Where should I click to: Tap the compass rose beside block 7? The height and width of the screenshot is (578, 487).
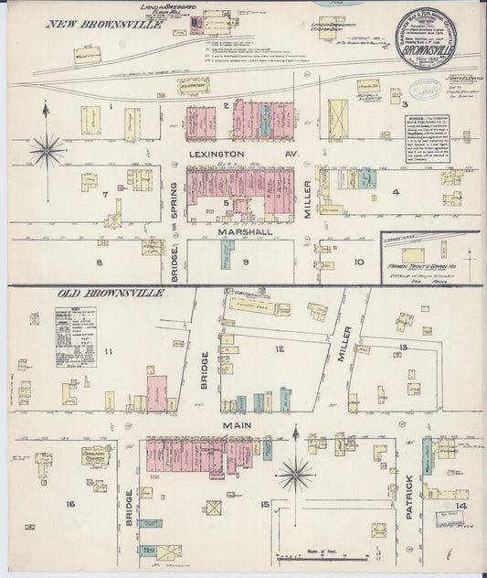coord(47,148)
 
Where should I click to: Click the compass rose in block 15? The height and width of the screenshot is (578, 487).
coord(295,474)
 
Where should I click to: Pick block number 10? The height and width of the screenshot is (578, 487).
coord(358,262)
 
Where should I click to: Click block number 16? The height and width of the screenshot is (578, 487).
coord(69,504)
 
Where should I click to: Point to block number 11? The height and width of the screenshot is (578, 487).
coord(108,351)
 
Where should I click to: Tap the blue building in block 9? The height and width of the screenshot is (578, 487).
coord(225,253)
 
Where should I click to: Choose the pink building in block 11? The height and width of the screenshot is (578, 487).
coord(157,393)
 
